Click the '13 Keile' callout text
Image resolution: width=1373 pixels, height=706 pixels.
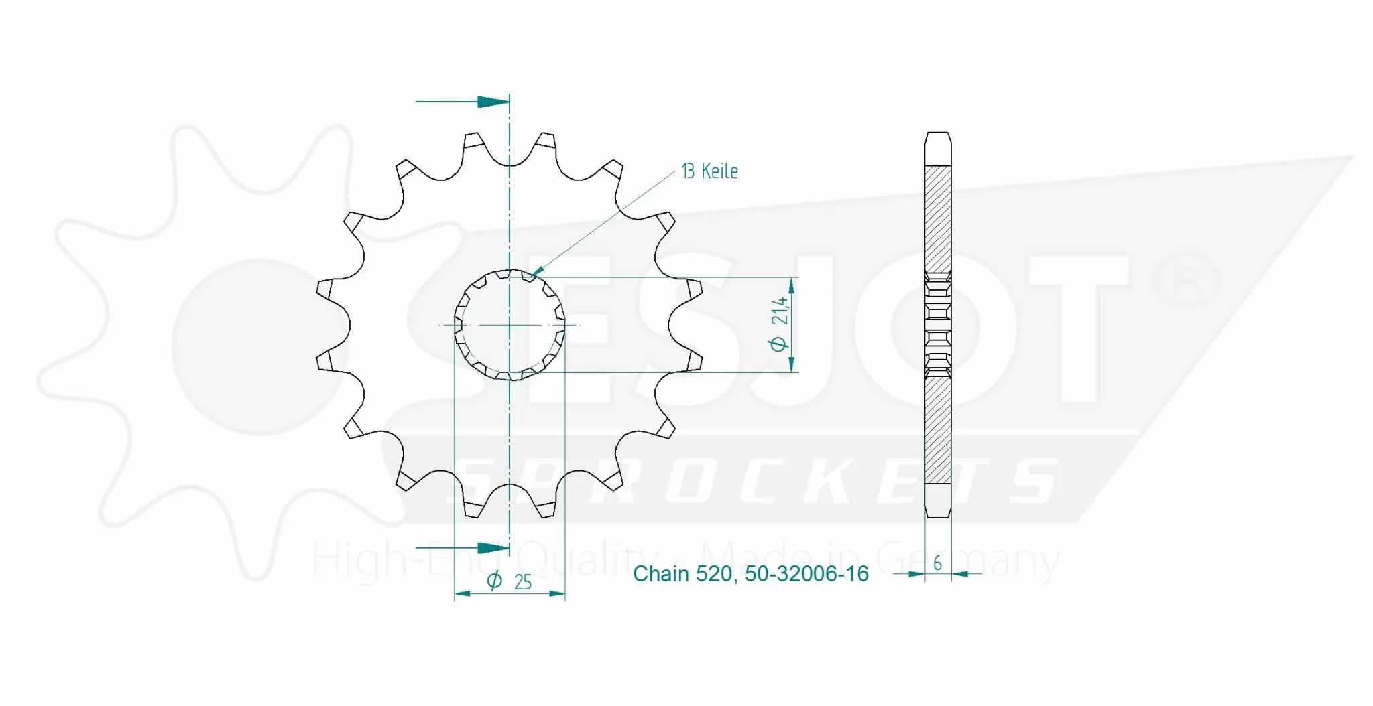click(x=709, y=171)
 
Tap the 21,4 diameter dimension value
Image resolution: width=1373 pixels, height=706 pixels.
click(x=780, y=311)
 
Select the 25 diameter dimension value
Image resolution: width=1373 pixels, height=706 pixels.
click(x=523, y=582)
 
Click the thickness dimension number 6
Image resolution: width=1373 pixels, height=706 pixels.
click(x=937, y=563)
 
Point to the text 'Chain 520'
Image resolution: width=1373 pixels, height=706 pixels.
click(x=682, y=574)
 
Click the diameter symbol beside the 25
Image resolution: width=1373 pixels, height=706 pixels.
click(x=494, y=581)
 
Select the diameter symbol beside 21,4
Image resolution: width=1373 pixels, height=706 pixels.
click(x=778, y=344)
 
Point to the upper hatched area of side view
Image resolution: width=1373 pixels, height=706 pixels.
click(x=937, y=218)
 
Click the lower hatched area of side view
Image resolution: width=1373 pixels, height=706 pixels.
click(x=937, y=429)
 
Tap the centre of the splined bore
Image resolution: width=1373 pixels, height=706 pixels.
click(x=510, y=325)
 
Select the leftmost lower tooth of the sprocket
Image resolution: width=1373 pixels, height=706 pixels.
click(x=325, y=361)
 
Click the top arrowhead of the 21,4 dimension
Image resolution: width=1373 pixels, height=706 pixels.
click(x=792, y=285)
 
